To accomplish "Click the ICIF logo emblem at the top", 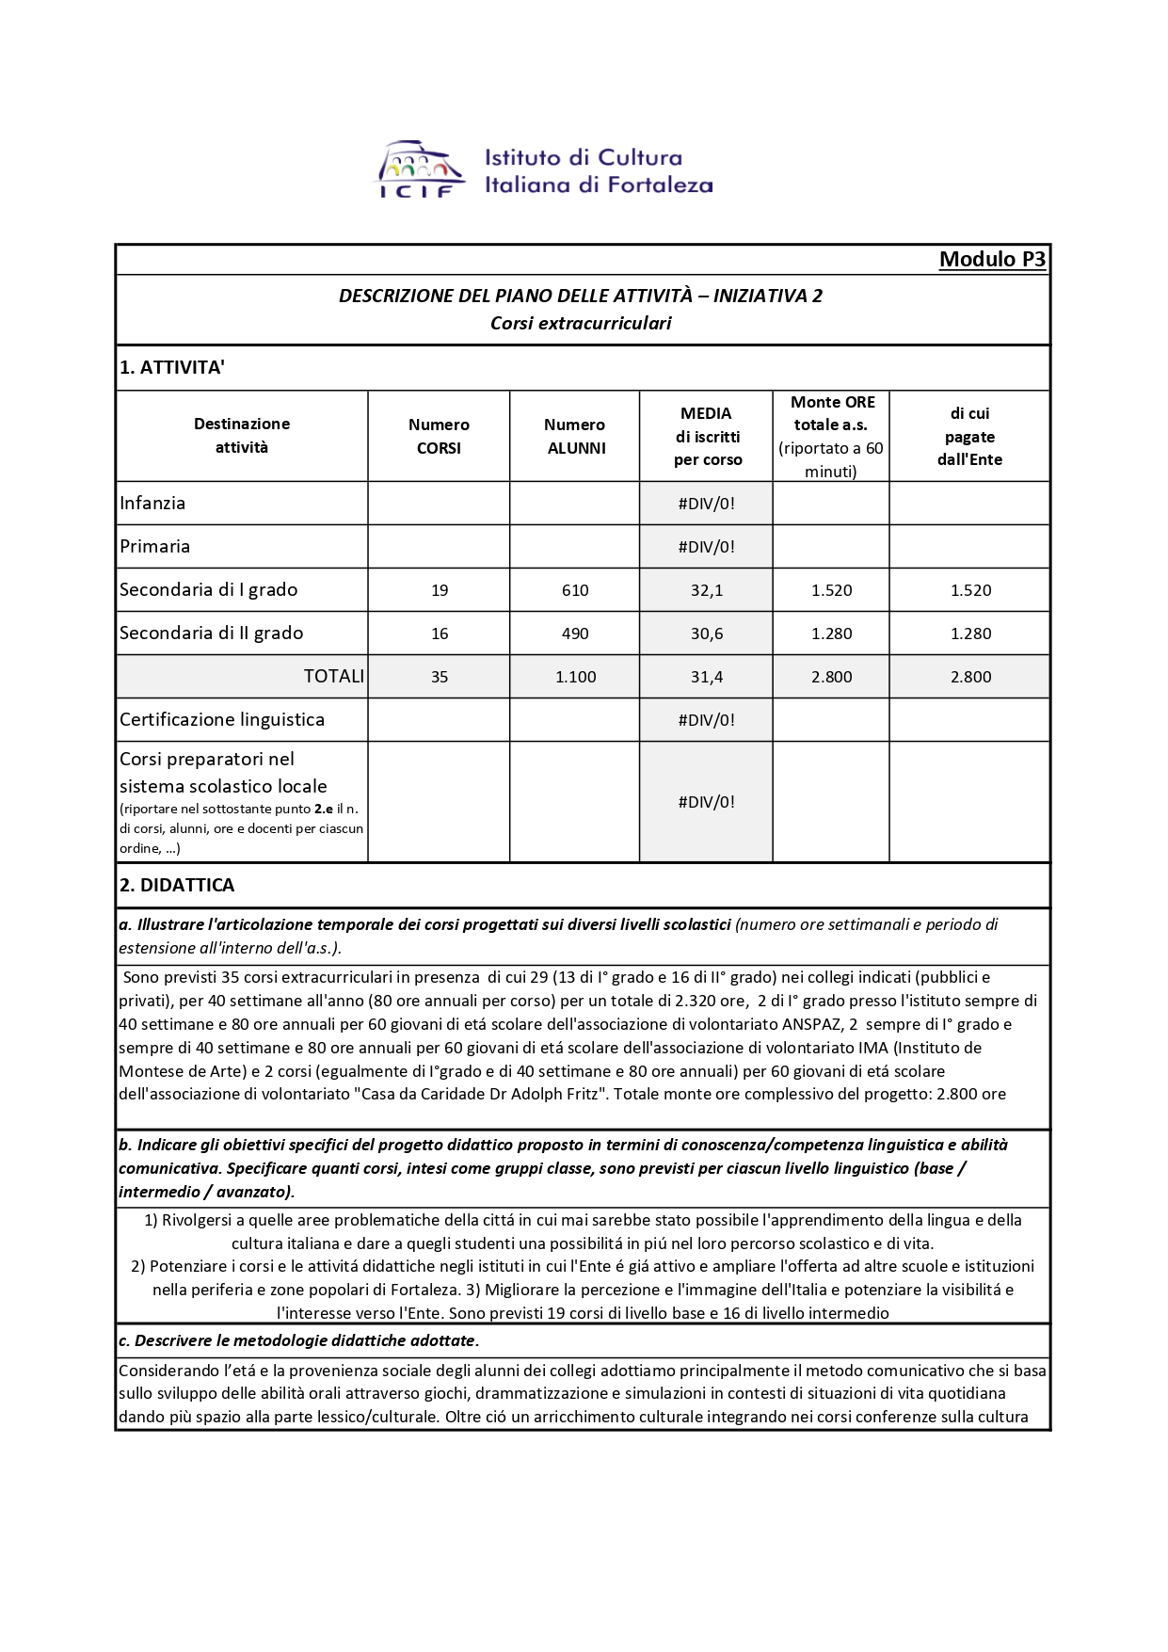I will [x=421, y=169].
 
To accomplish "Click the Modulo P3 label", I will [x=992, y=260].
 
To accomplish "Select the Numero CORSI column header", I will [x=439, y=436].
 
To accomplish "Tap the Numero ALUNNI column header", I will [x=575, y=436].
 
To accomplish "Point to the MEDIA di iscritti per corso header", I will [x=707, y=436].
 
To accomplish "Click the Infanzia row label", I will [x=152, y=503].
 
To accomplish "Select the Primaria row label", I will [x=155, y=546].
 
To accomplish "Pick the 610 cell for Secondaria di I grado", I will [x=575, y=590].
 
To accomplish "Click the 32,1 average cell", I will [x=707, y=590].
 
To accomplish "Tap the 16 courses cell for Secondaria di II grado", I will [x=440, y=634].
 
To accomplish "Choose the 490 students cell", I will [x=575, y=634].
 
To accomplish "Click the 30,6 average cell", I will [x=707, y=634].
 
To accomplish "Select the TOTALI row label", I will [x=333, y=676].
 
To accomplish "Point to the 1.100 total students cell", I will [x=576, y=677].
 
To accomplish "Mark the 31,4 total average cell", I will [x=707, y=677].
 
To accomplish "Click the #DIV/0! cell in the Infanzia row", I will [x=707, y=504].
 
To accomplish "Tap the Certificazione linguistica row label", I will [x=222, y=719].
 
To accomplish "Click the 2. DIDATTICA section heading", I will [x=177, y=885].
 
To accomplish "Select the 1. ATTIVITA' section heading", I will [x=172, y=367].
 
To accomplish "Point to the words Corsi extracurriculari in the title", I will [x=581, y=323].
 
